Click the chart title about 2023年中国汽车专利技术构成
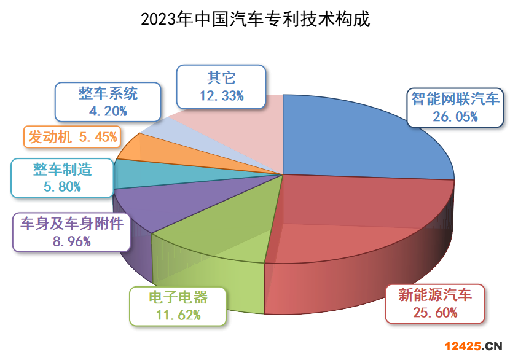tap(256, 19)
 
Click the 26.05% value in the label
tap(455, 117)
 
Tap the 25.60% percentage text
tap(435, 313)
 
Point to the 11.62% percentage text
tap(178, 315)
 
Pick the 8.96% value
tap(71, 241)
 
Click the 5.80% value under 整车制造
tap(62, 187)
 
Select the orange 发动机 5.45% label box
tap(73, 137)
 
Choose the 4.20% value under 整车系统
tap(108, 111)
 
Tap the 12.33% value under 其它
tap(221, 96)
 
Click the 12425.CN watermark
tap(473, 346)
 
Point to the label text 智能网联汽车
tap(455, 99)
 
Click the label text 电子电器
tap(178, 297)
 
